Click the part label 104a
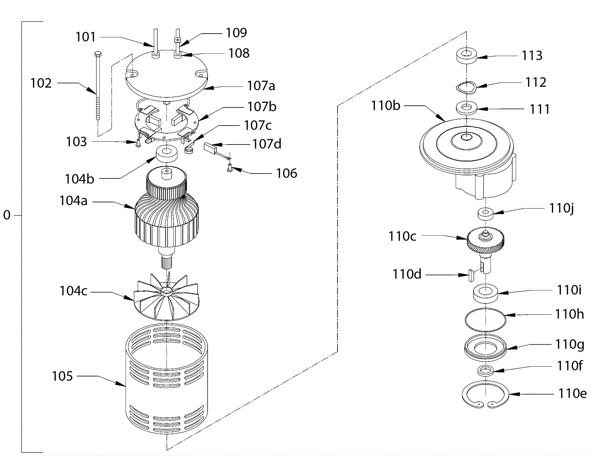point(73,201)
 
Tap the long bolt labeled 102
point(98,86)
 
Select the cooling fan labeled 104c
point(166,297)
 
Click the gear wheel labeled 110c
point(485,241)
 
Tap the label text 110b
point(385,106)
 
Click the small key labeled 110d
point(471,275)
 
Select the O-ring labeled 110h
point(485,320)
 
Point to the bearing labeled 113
point(466,57)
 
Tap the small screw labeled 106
point(229,169)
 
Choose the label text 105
point(62,376)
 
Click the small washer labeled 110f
point(486,370)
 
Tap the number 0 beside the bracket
point(7,215)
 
